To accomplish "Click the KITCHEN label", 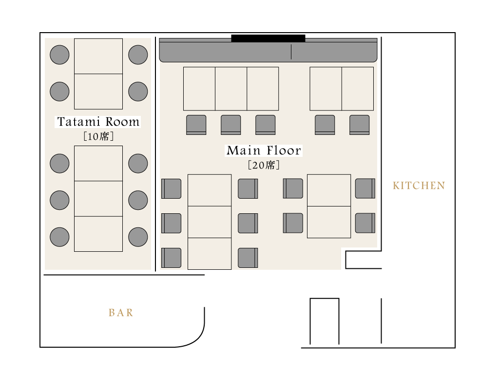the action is (419, 186).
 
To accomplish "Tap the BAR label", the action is (121, 313).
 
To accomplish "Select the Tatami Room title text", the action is (98, 121).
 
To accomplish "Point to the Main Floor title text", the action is (264, 150).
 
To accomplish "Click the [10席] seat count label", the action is (98, 136).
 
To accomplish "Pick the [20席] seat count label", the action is (264, 165).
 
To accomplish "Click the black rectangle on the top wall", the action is (269, 38).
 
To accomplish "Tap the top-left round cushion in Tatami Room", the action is (59, 55).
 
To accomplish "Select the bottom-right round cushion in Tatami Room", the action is (138, 237).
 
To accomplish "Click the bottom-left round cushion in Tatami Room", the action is (59, 237).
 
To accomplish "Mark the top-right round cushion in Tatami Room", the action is (138, 55).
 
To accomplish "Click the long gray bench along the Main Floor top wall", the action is (269, 50).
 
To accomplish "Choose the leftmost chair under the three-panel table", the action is (196, 125).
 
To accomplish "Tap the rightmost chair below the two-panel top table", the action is (360, 125).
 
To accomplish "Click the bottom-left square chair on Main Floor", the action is (171, 258).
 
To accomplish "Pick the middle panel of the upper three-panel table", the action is (231, 89).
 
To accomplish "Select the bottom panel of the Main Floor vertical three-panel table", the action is (210, 254).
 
